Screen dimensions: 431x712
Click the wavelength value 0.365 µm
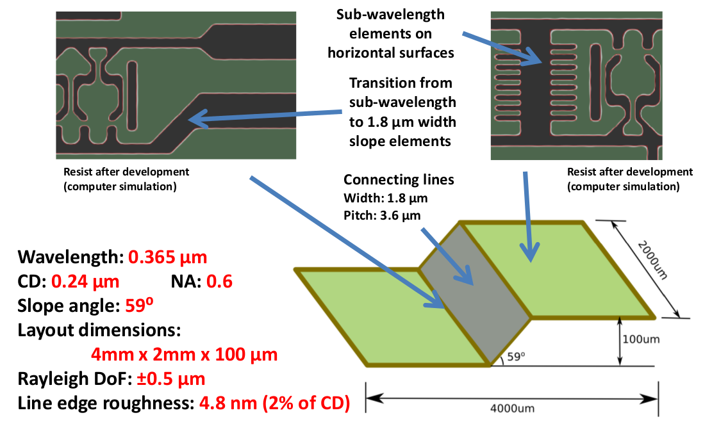[x=168, y=258]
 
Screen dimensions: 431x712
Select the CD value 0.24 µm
[x=85, y=282]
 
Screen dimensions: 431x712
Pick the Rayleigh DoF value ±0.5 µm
[x=170, y=378]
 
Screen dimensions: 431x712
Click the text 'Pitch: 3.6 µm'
[x=382, y=215]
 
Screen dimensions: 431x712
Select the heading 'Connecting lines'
[x=399, y=180]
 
